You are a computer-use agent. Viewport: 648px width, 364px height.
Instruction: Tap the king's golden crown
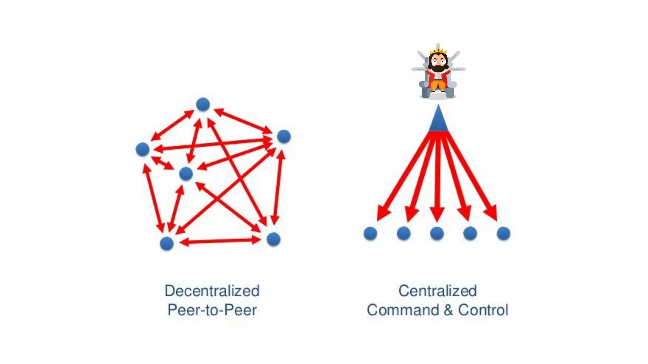438,51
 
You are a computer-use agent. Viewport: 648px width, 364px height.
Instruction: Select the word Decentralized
212,291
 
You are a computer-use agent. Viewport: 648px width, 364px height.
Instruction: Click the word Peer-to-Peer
212,310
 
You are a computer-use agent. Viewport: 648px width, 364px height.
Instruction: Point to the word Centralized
437,291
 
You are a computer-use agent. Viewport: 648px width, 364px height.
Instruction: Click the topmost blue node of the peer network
203,105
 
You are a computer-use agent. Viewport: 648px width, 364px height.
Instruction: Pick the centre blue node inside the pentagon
186,174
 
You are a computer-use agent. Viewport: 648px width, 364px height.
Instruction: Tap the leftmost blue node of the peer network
142,149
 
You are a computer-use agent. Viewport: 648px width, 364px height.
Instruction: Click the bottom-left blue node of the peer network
167,244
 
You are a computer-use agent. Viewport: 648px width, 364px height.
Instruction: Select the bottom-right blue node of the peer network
273,239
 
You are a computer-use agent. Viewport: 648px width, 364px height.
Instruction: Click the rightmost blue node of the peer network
284,136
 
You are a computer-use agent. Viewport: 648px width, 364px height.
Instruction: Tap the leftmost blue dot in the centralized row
370,234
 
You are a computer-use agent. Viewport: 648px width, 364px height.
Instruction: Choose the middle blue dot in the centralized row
437,234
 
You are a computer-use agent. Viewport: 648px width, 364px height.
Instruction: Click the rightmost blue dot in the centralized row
503,234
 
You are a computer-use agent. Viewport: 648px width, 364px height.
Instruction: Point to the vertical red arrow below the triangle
437,177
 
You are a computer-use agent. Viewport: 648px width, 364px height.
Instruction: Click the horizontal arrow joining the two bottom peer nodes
220,241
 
